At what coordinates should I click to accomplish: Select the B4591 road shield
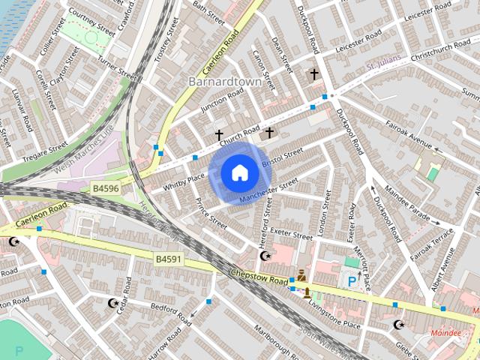pyautogui.click(x=169, y=259)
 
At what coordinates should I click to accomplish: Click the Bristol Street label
pyautogui.click(x=281, y=157)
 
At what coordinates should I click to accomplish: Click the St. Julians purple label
pyautogui.click(x=383, y=67)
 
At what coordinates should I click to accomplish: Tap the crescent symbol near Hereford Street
pyautogui.click(x=264, y=256)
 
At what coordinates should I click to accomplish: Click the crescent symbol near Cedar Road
pyautogui.click(x=113, y=303)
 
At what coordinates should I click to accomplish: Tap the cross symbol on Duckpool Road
pyautogui.click(x=313, y=74)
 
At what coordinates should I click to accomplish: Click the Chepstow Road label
pyautogui.click(x=259, y=277)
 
